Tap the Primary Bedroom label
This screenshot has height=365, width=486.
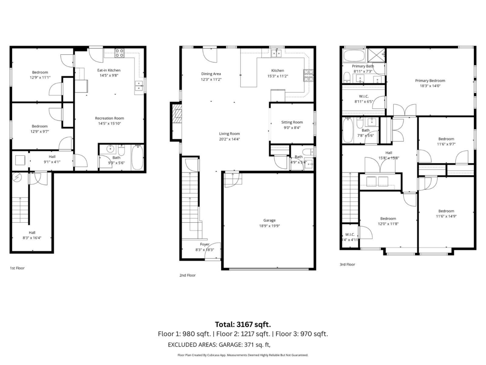tap(430, 81)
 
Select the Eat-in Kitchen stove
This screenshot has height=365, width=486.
tap(119, 52)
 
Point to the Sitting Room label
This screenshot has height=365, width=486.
tap(292, 122)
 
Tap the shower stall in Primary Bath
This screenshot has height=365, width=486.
tap(375, 55)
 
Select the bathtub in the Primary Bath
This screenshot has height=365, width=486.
tap(354, 55)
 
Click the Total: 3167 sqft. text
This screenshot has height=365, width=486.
tap(243, 324)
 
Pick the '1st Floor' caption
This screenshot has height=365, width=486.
tap(17, 268)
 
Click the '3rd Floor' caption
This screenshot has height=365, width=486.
tap(347, 264)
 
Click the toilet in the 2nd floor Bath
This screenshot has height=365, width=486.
tap(307, 152)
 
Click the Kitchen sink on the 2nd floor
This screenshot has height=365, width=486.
tap(278, 52)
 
